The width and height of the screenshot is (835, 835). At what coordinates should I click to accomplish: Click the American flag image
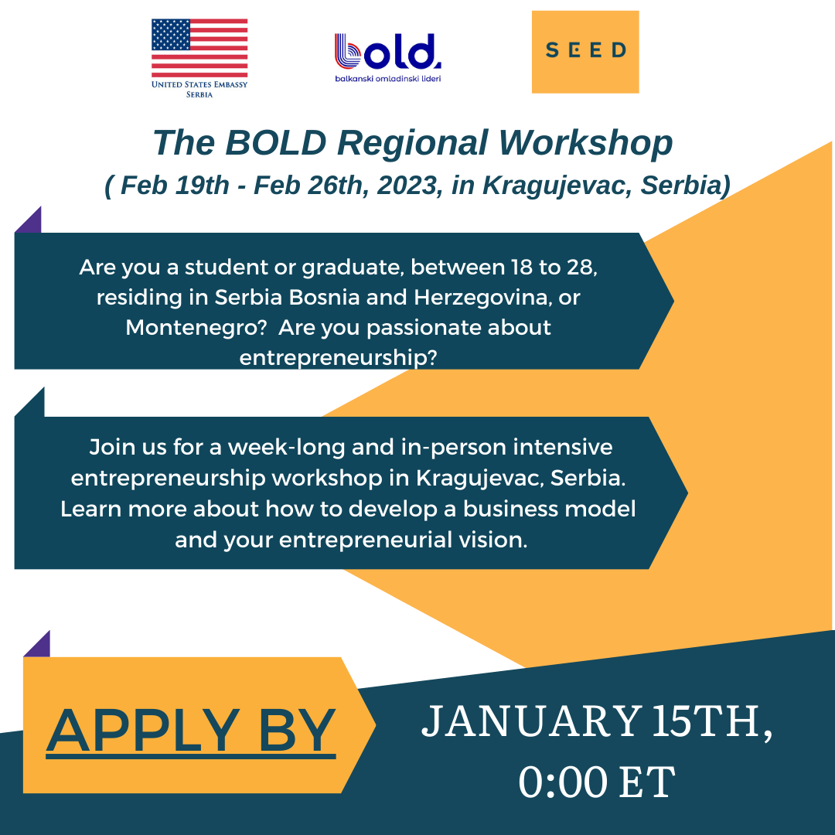tap(199, 47)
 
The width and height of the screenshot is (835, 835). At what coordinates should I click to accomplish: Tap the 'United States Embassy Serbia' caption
tap(199, 89)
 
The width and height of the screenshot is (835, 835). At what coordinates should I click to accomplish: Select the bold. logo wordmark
tap(388, 52)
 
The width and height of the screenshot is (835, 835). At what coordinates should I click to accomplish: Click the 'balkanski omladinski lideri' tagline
tap(388, 79)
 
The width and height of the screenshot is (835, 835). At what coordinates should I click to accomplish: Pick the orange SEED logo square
tap(585, 52)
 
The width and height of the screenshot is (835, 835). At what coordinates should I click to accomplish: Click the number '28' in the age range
tap(579, 268)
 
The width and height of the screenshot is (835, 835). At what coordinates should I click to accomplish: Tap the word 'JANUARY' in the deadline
tap(529, 722)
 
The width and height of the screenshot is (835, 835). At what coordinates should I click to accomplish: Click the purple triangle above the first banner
tap(30, 221)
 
